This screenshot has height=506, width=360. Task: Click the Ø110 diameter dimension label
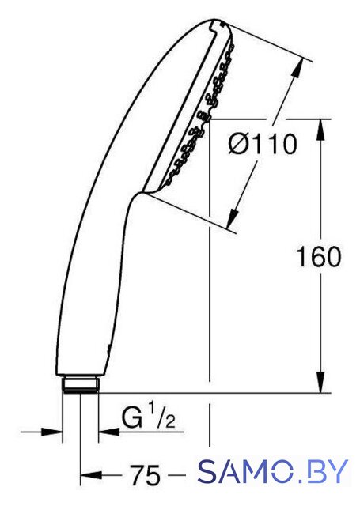tap(262, 145)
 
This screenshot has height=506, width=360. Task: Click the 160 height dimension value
tap(318, 257)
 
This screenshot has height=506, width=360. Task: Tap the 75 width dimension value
tap(145, 474)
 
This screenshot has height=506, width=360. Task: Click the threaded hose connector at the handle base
tap(81, 384)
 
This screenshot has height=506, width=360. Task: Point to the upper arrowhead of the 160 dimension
tap(320, 130)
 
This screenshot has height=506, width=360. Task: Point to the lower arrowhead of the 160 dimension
tap(320, 383)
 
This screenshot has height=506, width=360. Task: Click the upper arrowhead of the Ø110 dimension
tap(297, 68)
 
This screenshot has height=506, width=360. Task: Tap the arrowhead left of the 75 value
tap(91, 474)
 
